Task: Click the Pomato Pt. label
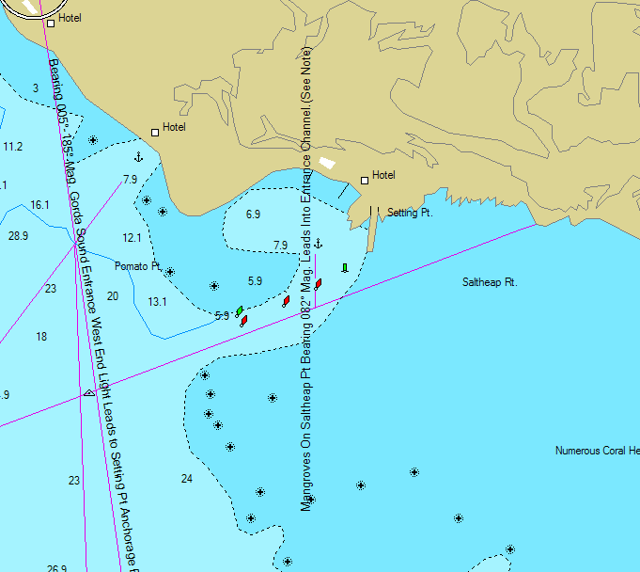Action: tap(138, 266)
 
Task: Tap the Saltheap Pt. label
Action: tap(490, 281)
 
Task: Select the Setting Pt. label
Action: tap(409, 214)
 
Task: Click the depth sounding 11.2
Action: tap(12, 147)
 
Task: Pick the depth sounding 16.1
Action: tap(39, 204)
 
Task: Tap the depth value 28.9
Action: tap(18, 235)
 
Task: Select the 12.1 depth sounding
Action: tap(132, 238)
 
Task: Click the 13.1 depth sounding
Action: tap(157, 302)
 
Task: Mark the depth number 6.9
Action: tap(253, 214)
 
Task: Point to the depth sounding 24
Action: tap(186, 479)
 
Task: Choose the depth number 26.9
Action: tap(56, 568)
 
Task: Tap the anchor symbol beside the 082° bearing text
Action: tap(318, 245)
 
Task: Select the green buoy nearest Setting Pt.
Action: tap(344, 268)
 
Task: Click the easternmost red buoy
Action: tap(319, 283)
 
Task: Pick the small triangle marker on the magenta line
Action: tap(88, 393)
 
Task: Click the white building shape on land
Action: tap(326, 163)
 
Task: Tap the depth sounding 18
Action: tap(41, 336)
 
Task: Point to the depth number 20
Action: tap(113, 296)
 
